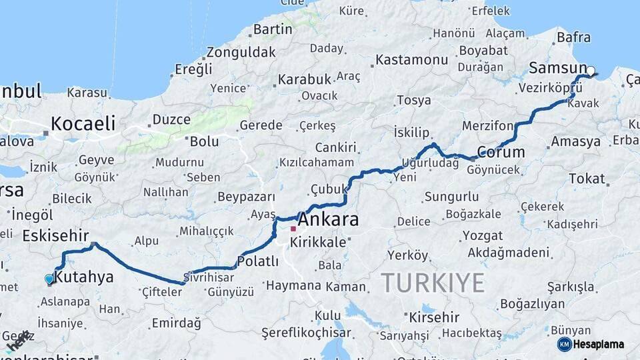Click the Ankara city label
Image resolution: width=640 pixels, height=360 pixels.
pos(329,219)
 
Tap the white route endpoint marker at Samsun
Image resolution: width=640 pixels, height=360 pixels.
pos(591,71)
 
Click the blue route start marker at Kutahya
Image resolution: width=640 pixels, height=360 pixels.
pos(49,279)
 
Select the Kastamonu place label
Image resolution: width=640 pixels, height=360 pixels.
pos(411,60)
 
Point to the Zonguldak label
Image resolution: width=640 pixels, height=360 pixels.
pos(241,52)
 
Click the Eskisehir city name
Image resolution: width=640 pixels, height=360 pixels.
pos(55,235)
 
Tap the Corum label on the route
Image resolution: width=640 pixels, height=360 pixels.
pos(502,152)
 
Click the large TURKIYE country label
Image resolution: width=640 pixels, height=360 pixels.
pos(433,283)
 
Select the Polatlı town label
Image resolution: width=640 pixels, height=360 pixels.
pos(257,261)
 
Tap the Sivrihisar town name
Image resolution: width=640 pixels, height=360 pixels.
pos(209,277)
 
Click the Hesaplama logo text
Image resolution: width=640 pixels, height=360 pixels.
pos(599,345)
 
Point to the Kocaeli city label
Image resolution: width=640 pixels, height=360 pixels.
pos(83,124)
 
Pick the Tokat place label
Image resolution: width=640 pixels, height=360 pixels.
pos(587,179)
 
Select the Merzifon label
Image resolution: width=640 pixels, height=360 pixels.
pos(488,126)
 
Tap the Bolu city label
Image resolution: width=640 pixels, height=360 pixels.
pos(204,141)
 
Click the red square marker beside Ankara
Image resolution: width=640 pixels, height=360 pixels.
pos(293,229)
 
